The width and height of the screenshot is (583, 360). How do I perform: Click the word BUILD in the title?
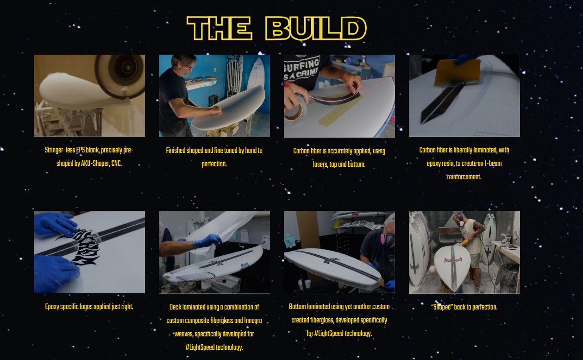pos(316,28)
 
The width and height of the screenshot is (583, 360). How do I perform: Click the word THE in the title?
pos(219,28)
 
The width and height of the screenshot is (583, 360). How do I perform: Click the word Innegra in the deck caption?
pos(253,321)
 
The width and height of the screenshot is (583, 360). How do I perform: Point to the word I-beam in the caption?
pos(493,164)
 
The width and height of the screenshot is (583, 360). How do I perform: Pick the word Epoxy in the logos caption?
pos(52,307)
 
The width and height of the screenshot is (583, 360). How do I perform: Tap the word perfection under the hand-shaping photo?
pos(214,164)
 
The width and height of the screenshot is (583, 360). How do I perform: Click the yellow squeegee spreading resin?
pos(458,72)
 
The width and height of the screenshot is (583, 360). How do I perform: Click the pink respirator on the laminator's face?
pos(385,239)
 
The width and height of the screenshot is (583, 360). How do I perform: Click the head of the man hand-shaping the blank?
pos(182,64)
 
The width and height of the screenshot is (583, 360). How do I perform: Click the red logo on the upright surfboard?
pos(453,260)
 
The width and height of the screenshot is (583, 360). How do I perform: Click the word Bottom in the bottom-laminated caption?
pos(297,307)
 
